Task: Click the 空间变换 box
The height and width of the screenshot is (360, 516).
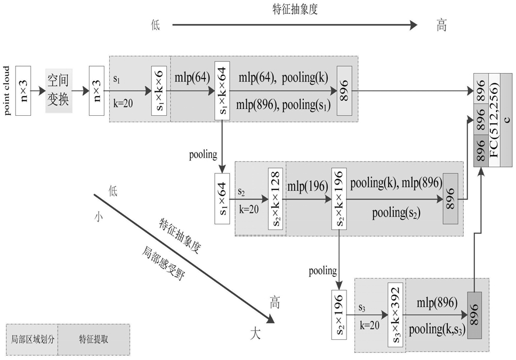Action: click(x=59, y=91)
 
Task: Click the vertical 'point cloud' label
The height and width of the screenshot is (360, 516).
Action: click(x=7, y=91)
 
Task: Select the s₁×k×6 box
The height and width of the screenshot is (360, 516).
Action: click(x=160, y=90)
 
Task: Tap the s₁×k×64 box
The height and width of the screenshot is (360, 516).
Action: click(x=222, y=91)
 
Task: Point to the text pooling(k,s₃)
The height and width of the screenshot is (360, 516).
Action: click(x=438, y=329)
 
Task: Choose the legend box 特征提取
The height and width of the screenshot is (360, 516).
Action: click(x=94, y=339)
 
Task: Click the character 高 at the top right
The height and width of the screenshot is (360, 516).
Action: click(x=441, y=25)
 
